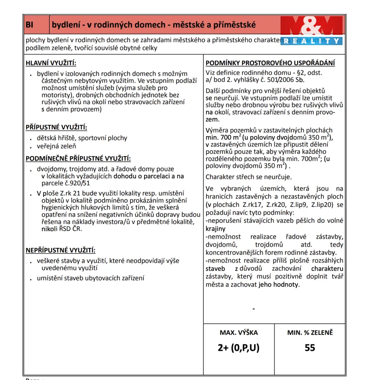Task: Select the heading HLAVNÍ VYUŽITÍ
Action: (x=51, y=63)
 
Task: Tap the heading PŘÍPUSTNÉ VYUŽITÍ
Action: (x=56, y=127)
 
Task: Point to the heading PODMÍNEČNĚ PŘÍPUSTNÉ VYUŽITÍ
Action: (x=78, y=158)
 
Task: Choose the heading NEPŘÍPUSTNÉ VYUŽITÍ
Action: (x=60, y=250)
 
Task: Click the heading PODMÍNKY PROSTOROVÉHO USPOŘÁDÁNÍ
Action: (x=270, y=63)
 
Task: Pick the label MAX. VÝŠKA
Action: (x=239, y=333)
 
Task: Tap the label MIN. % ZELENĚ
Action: (x=310, y=333)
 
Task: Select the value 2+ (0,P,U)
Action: (x=238, y=347)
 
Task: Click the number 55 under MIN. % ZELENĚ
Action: (x=310, y=347)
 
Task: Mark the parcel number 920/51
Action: (x=77, y=183)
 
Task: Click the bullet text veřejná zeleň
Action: (x=56, y=146)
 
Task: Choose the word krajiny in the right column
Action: (x=216, y=229)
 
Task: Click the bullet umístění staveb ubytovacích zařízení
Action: (x=90, y=278)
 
